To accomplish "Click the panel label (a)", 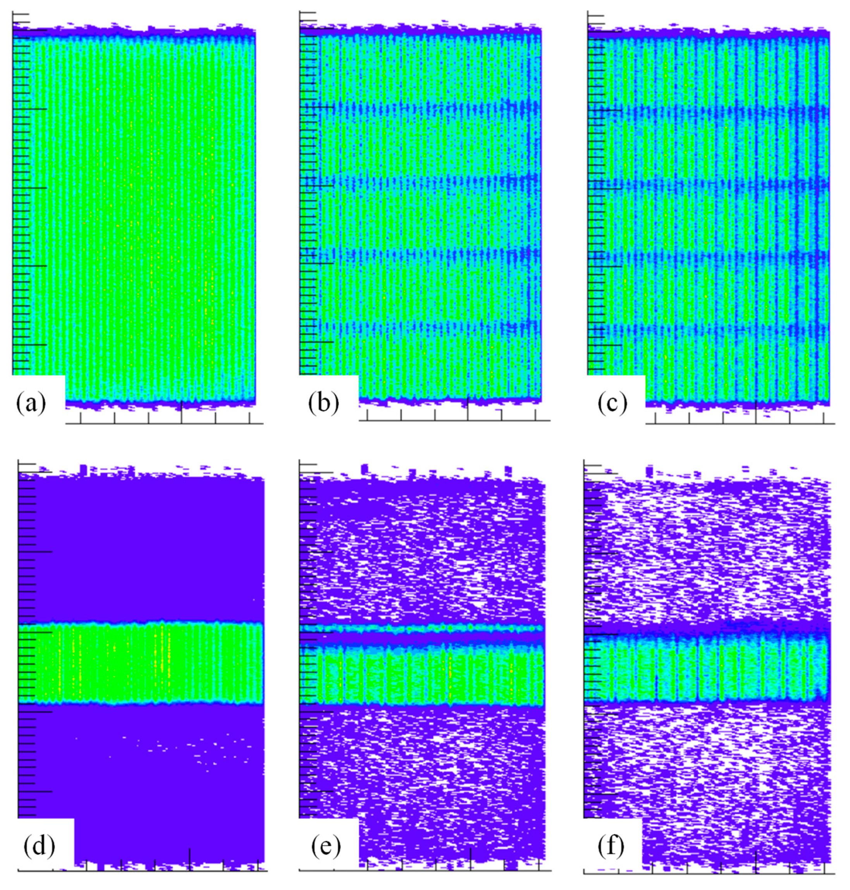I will click(31, 403).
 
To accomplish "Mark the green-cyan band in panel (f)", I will click(707, 669).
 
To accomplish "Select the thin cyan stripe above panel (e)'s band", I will click(422, 628).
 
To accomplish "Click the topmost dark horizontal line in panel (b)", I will click(422, 109).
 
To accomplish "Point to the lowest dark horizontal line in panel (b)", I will click(422, 325).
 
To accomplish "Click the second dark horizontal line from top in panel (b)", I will click(422, 181).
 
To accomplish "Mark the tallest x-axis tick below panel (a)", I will click(182, 412).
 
